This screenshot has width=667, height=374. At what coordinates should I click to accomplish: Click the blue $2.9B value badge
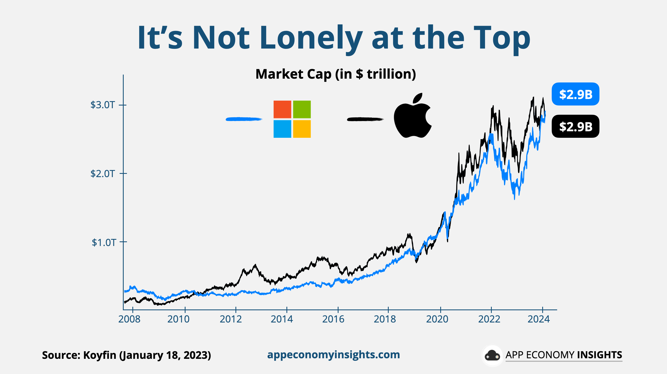(575, 94)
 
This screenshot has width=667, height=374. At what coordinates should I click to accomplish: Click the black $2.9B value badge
(575, 126)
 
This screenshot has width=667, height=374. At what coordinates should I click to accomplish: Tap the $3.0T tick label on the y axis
(103, 105)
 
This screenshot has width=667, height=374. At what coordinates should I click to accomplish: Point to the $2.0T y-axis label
(103, 174)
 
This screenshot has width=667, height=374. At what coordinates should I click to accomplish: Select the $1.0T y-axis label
(104, 242)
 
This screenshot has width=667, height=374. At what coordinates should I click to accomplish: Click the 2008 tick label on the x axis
(129, 319)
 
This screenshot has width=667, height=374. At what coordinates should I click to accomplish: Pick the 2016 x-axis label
(333, 319)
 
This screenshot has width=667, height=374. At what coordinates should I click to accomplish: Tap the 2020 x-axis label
(437, 319)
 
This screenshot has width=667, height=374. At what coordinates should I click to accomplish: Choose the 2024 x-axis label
(538, 319)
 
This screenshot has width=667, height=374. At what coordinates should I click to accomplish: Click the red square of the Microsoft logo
(282, 109)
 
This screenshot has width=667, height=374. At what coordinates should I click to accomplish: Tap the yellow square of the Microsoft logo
(302, 129)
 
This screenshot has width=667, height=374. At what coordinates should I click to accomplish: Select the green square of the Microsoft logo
(302, 109)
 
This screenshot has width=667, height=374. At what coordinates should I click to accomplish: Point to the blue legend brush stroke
(244, 119)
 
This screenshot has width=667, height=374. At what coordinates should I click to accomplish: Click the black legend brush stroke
(365, 119)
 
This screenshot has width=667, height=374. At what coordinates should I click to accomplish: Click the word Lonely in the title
(311, 38)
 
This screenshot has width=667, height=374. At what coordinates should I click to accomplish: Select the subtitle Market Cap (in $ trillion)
(336, 74)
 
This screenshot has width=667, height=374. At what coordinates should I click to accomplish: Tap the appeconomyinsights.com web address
(333, 355)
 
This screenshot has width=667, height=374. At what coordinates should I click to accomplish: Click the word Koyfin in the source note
(100, 355)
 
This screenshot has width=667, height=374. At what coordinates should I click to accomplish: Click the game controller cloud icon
(492, 355)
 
